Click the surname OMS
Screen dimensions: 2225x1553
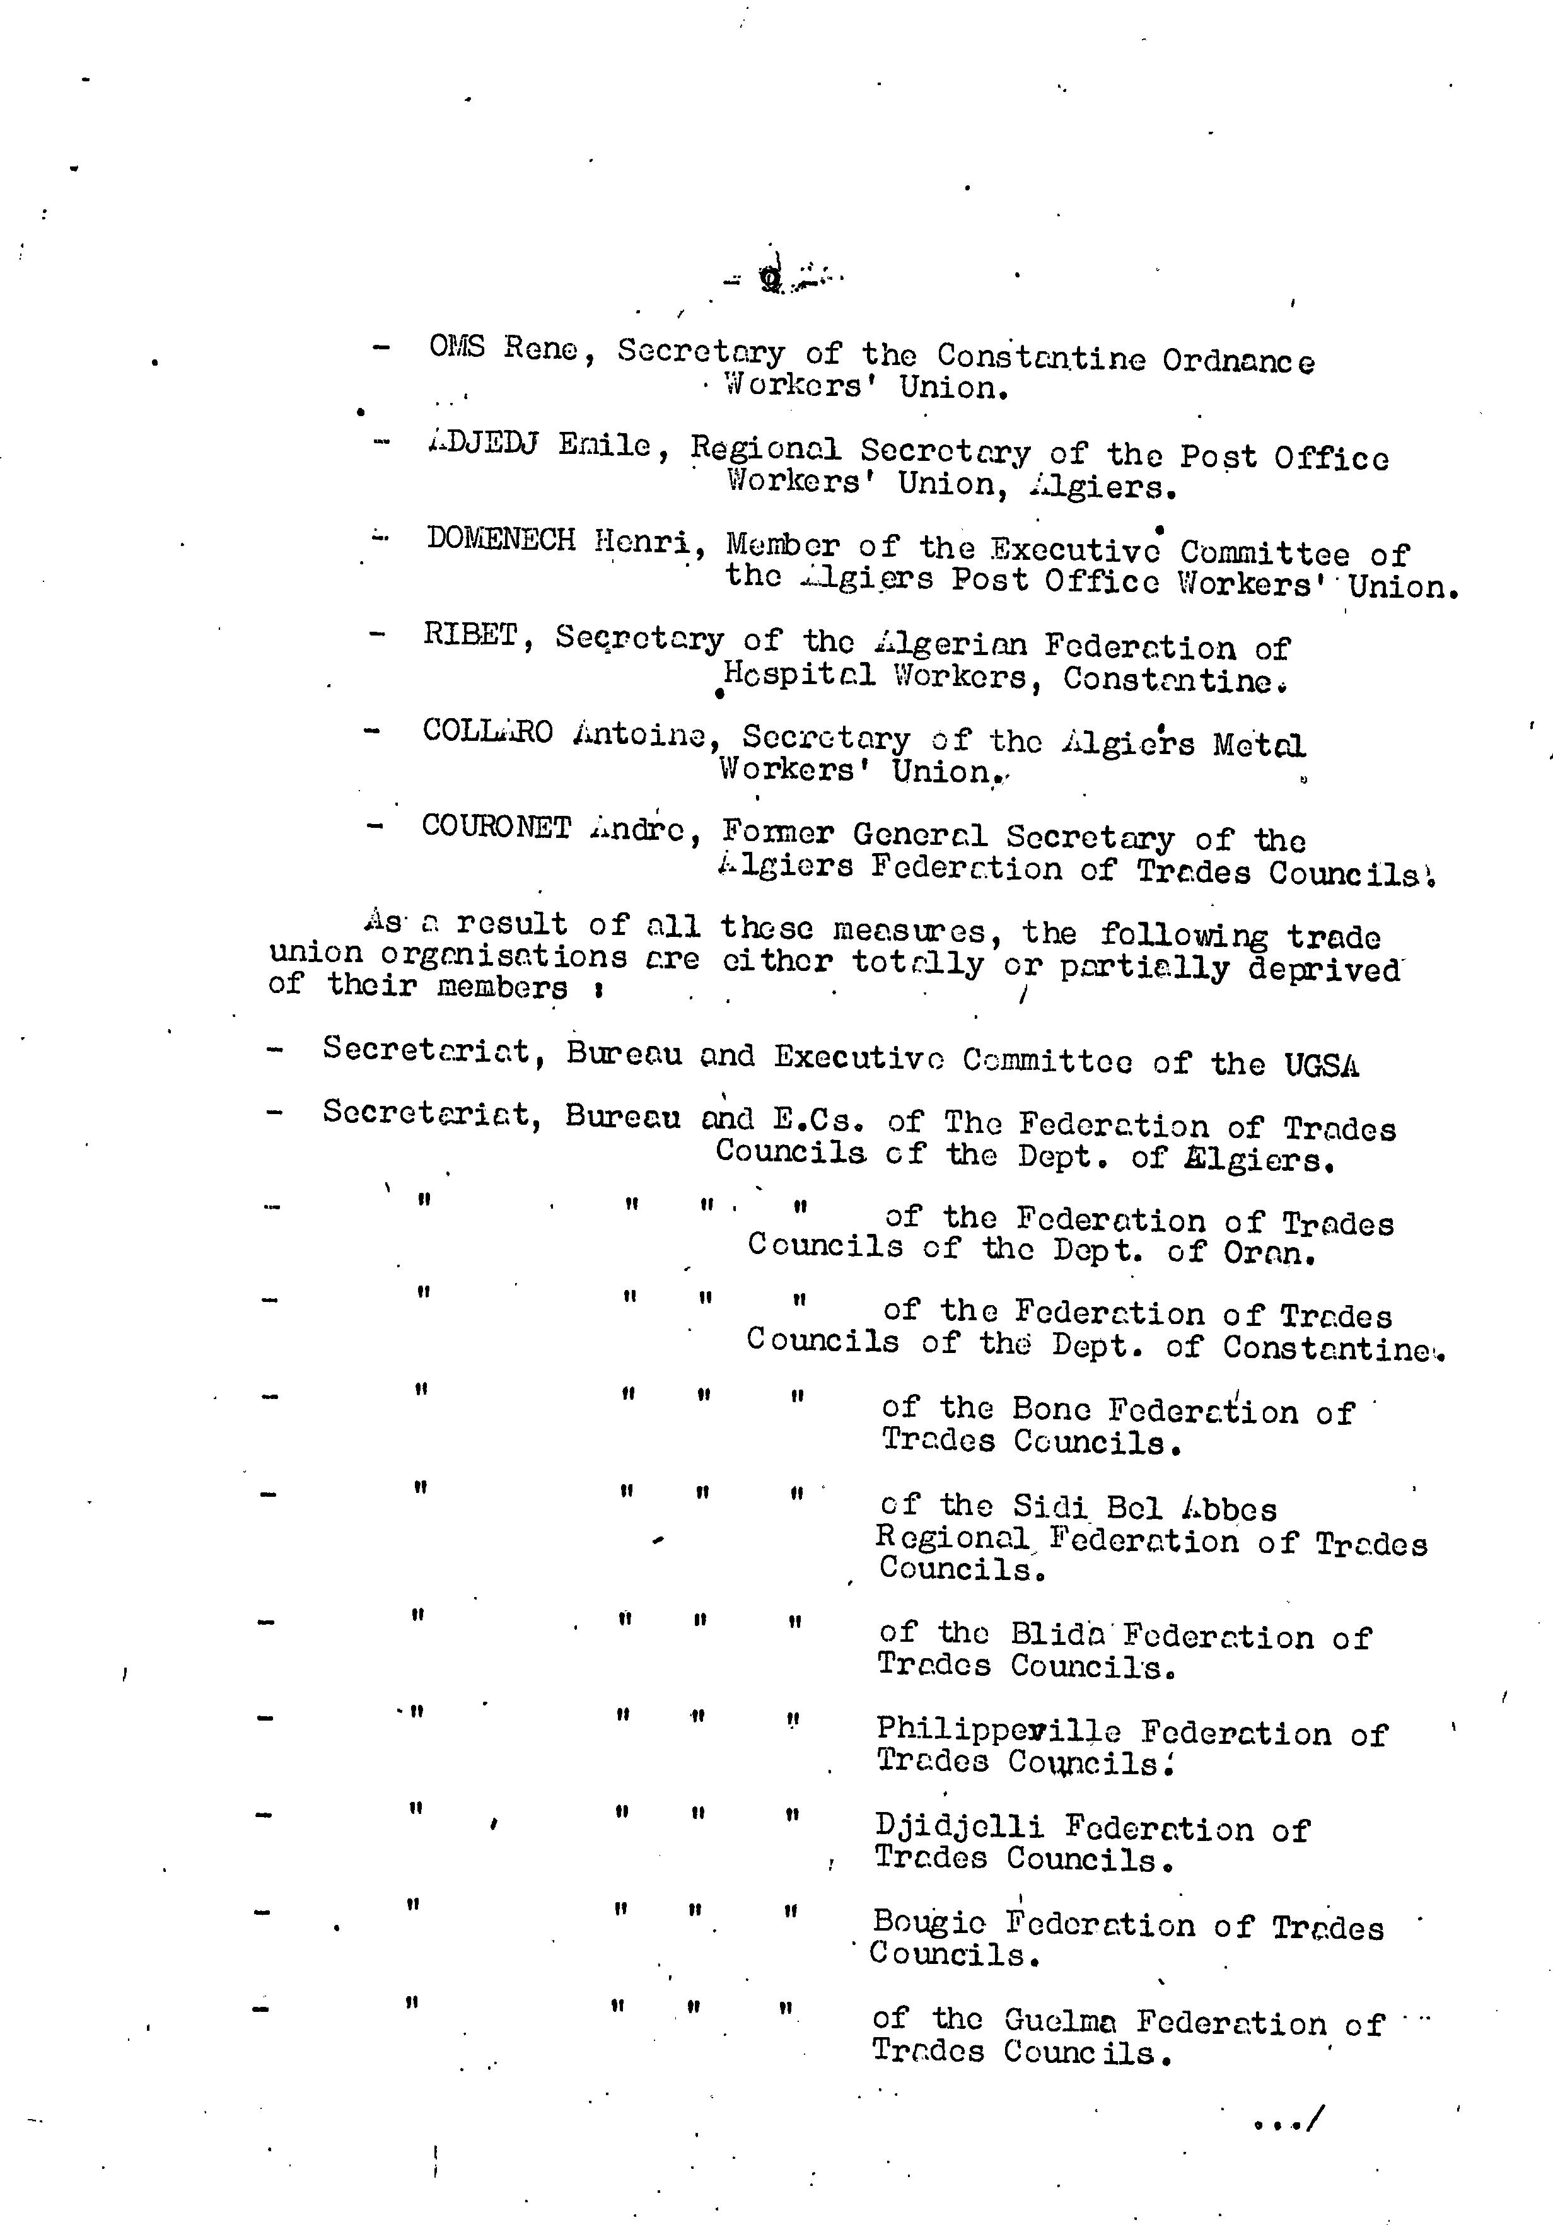[456, 347]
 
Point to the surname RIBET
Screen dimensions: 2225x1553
[471, 635]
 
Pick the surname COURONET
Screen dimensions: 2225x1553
[496, 827]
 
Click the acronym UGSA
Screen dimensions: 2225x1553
[1322, 1065]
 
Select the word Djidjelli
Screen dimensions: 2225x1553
[959, 1827]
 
